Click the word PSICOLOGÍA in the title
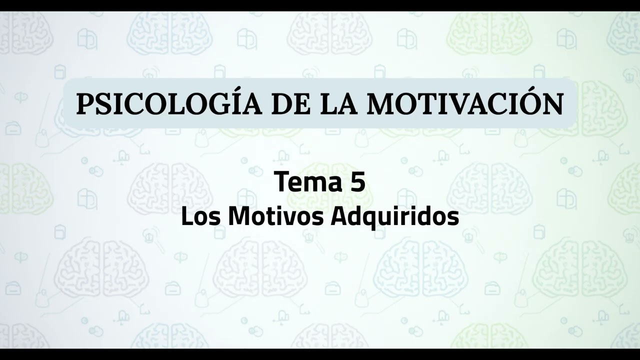[x=169, y=104]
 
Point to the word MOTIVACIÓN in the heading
[x=465, y=104]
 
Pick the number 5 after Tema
[x=357, y=182]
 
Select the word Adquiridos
[x=394, y=217]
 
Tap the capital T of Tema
[x=281, y=182]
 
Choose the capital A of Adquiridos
[x=339, y=217]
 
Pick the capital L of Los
[x=185, y=217]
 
